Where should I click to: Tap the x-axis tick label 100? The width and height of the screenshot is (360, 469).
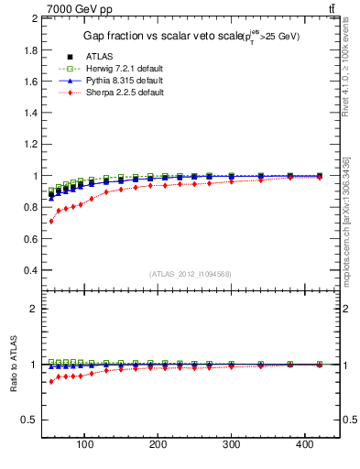(85, 446)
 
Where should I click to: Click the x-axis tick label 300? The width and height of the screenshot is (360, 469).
(231, 446)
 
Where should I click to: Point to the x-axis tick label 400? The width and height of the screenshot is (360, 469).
(304, 446)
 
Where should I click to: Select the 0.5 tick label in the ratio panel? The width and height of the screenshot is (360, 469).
(29, 420)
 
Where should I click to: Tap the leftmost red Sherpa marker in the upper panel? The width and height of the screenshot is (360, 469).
(51, 221)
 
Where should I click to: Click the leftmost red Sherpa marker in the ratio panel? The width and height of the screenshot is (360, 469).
(51, 381)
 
